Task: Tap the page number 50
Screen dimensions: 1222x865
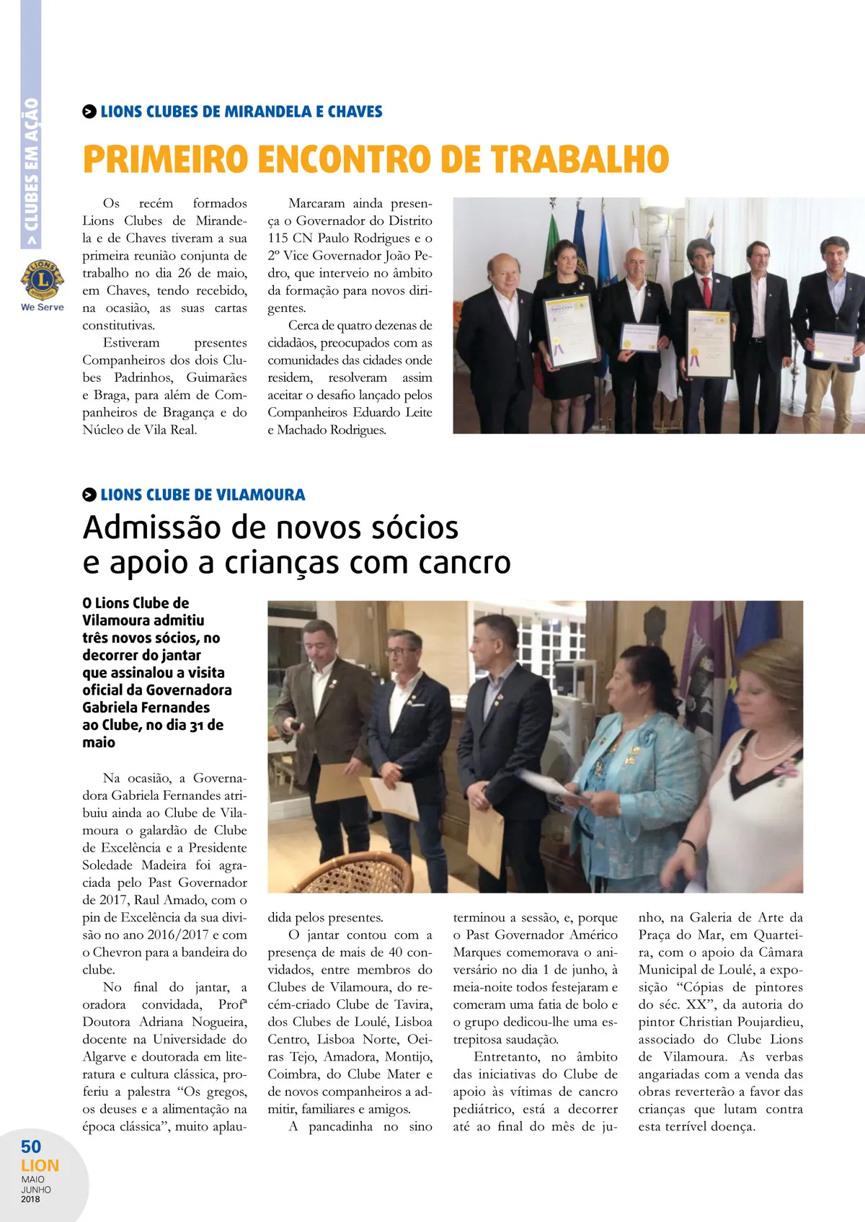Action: coord(31,1146)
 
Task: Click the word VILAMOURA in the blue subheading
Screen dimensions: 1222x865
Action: coord(259,495)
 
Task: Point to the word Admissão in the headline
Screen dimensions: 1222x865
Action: coord(152,527)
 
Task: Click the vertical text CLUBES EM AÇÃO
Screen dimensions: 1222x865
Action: coord(31,173)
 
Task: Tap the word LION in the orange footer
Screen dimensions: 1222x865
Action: coord(40,1166)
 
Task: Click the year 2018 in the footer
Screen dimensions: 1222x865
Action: coord(30,1200)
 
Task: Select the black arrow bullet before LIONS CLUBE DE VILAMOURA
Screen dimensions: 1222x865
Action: coord(89,495)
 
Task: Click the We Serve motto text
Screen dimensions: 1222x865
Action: coord(43,307)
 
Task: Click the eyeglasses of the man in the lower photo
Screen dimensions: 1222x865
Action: coord(399,651)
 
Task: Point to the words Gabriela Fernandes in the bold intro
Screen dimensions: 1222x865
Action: coord(146,708)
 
